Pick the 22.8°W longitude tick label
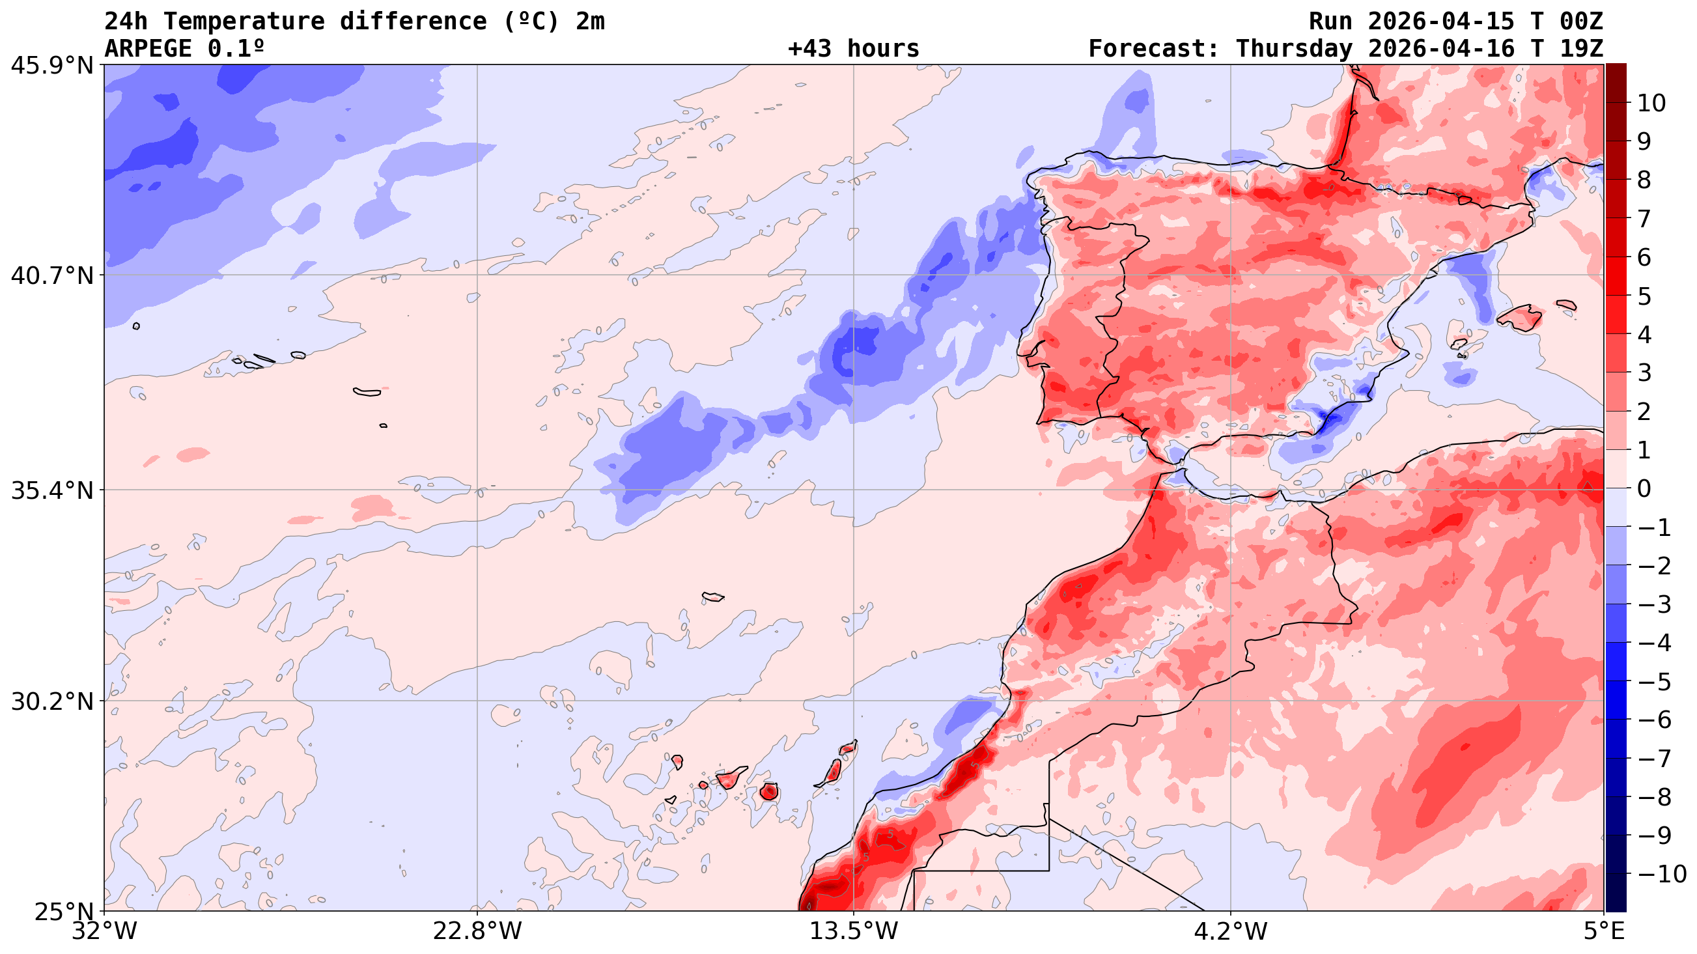(x=477, y=932)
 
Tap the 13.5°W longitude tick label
(x=854, y=932)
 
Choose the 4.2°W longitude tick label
(x=1231, y=932)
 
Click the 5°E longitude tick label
(x=1603, y=932)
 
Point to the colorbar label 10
(x=1651, y=104)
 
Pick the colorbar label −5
(x=1654, y=682)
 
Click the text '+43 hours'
(x=853, y=49)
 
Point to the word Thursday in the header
(x=1295, y=49)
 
